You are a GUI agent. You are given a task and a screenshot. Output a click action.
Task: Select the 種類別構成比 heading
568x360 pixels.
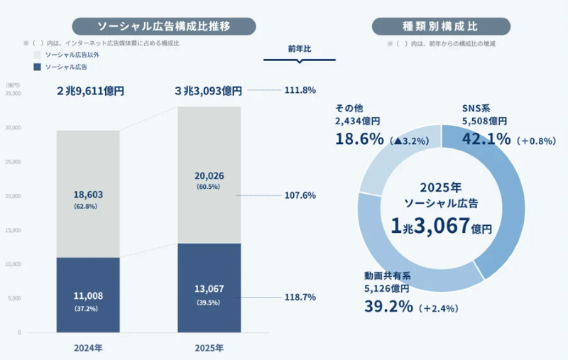(x=441, y=26)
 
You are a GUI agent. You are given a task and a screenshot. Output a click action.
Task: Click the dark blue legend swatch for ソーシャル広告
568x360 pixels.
(x=37, y=67)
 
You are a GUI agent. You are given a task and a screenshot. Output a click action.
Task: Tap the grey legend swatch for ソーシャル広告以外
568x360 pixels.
(x=37, y=54)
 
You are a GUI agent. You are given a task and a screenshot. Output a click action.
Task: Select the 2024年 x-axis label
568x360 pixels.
(x=88, y=348)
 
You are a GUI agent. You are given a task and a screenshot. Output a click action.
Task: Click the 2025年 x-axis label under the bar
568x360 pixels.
(x=209, y=348)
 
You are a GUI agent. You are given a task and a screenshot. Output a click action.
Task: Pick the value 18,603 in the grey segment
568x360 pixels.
(x=88, y=194)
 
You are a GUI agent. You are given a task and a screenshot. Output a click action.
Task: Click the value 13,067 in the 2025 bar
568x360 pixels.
(x=209, y=289)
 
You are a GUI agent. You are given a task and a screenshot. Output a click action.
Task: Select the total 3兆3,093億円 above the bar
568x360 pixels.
(x=209, y=91)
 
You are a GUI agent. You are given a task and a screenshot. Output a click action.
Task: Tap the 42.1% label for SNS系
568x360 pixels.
(x=486, y=139)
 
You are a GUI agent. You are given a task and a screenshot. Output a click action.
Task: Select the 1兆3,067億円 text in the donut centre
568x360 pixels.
(x=441, y=227)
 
